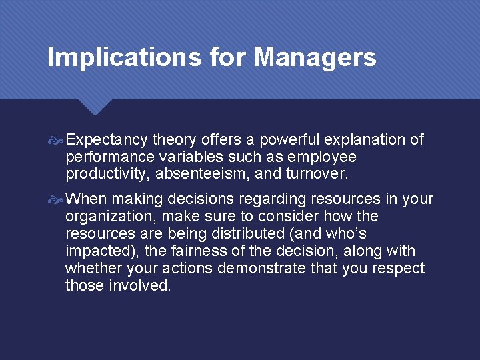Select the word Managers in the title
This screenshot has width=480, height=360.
tap(315, 57)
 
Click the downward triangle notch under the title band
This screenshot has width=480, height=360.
tap(95, 107)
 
